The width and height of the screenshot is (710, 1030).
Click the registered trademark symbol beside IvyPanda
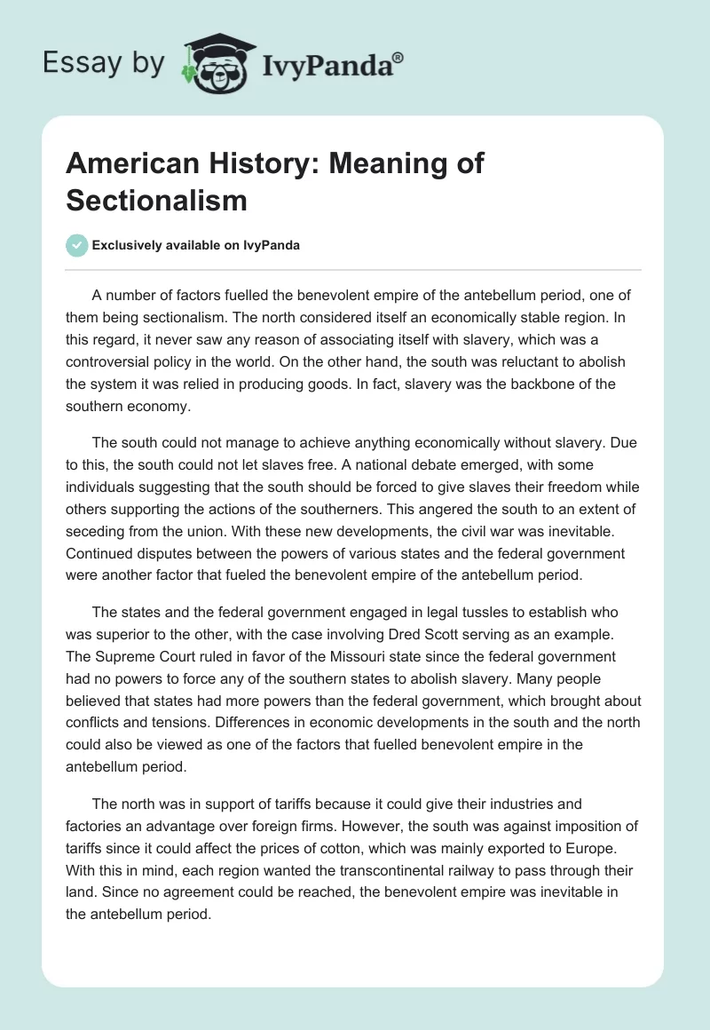[398, 58]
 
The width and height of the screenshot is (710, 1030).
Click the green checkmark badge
[76, 245]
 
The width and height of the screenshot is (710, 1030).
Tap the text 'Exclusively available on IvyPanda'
[196, 246]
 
